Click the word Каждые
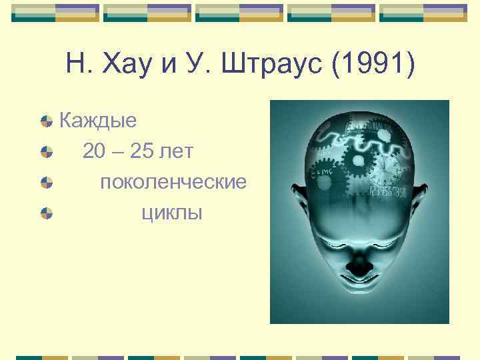98,121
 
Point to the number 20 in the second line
94,151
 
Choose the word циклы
172,213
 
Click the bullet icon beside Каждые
46,121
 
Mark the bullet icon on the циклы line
46,213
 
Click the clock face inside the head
385,167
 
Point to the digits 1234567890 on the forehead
388,192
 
